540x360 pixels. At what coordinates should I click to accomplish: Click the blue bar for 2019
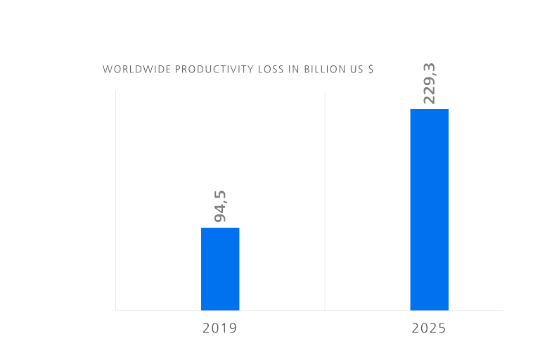coord(220,269)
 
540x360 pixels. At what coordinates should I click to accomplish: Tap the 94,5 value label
coord(221,206)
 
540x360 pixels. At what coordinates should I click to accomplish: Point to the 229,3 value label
coord(429,84)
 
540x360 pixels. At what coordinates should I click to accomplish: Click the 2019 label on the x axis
coord(219,328)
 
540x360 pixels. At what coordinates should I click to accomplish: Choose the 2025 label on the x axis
coord(429,328)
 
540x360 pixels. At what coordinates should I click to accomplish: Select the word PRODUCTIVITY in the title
coord(204,70)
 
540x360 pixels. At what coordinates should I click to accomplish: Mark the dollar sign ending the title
coord(371,70)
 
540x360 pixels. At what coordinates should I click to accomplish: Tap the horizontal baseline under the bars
coord(309,310)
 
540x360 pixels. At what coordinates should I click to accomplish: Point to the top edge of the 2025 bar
coord(429,109)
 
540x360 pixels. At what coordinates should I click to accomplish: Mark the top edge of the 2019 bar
coord(220,228)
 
